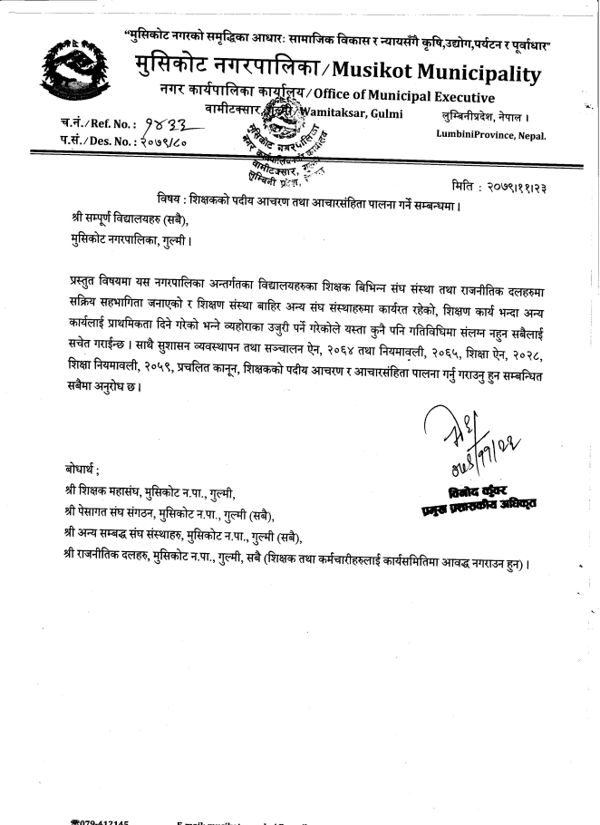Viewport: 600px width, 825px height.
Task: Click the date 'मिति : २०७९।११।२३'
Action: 516,185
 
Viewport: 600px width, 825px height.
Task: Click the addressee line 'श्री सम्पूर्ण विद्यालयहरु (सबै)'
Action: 131,218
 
